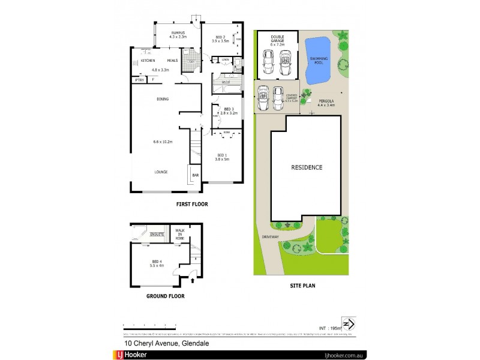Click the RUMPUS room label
[x=178, y=33]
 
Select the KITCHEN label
[x=148, y=61]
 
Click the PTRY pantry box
[x=139, y=79]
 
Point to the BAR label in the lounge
[x=195, y=175]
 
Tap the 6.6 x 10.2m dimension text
[x=163, y=142]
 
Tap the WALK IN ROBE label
[x=179, y=234]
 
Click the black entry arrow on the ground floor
[x=191, y=278]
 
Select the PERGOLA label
[x=326, y=101]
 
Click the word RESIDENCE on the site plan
[x=307, y=167]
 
